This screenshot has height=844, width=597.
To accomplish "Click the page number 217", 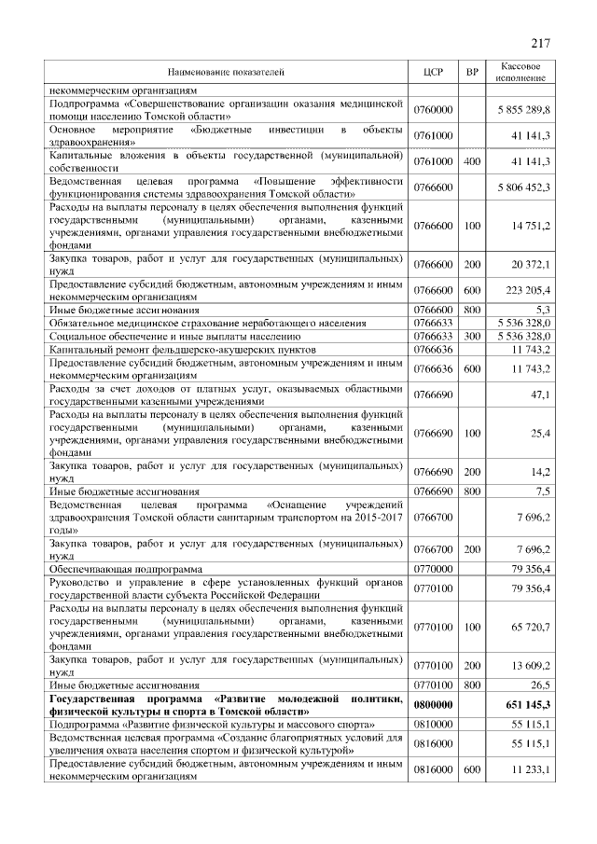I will tap(542, 43).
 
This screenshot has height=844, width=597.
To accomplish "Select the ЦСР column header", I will tap(432, 72).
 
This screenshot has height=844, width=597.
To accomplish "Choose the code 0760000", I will tap(432, 110).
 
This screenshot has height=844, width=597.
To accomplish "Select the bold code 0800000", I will tap(432, 706).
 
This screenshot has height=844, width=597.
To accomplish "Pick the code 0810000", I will tap(432, 724).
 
